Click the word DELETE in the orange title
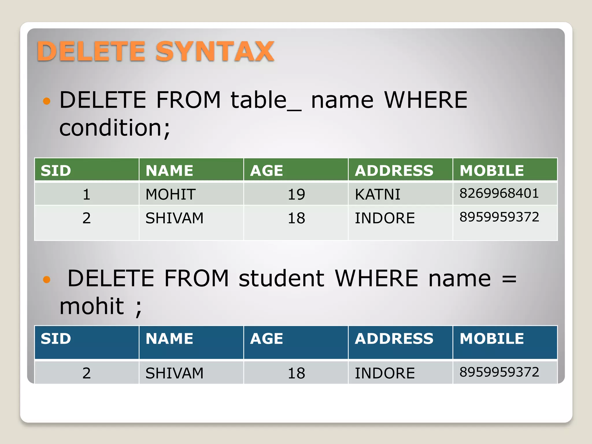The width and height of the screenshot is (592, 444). click(x=91, y=51)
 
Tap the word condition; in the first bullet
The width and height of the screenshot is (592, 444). click(x=115, y=128)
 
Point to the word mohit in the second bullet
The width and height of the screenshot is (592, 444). click(x=92, y=306)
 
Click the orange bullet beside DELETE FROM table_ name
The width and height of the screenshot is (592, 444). click(x=47, y=101)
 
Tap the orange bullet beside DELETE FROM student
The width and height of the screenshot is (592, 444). click(x=47, y=279)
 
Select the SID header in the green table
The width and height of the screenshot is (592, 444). click(x=56, y=171)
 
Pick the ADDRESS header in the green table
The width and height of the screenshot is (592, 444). click(x=394, y=171)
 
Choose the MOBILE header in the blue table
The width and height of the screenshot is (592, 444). click(x=492, y=338)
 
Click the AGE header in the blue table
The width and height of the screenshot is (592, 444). click(x=267, y=338)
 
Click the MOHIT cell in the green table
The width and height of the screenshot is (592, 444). click(x=171, y=194)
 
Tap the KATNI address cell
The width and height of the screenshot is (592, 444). click(x=378, y=194)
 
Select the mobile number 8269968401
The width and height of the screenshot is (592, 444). click(x=499, y=193)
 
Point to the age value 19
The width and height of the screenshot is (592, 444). click(x=296, y=194)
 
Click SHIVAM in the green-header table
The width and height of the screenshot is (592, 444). click(x=174, y=218)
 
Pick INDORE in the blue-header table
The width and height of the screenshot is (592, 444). click(x=385, y=373)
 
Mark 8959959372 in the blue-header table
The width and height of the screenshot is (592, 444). click(x=499, y=372)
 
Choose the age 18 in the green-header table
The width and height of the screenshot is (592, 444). click(x=296, y=218)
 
